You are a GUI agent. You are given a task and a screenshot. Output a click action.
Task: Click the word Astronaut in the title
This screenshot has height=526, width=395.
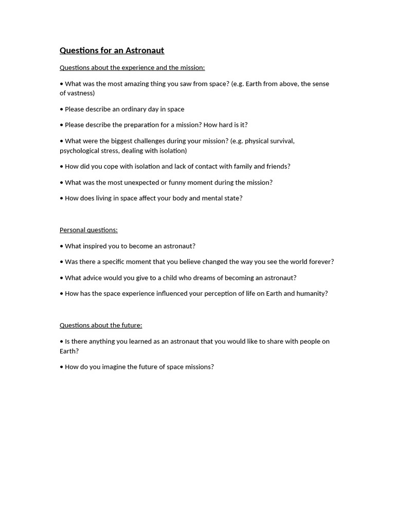tap(145, 50)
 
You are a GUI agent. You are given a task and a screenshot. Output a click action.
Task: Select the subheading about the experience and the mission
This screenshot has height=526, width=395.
tap(132, 68)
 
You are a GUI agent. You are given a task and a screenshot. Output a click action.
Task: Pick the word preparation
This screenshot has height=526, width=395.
tap(142, 125)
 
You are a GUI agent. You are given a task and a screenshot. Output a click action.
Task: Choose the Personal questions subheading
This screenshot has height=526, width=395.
tap(88, 230)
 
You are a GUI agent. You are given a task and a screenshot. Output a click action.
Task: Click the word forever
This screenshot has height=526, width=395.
tap(320, 262)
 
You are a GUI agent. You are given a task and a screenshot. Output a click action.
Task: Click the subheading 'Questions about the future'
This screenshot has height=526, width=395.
tap(101, 326)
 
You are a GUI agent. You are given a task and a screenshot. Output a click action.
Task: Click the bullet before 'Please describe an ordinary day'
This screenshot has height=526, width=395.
tap(61, 109)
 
